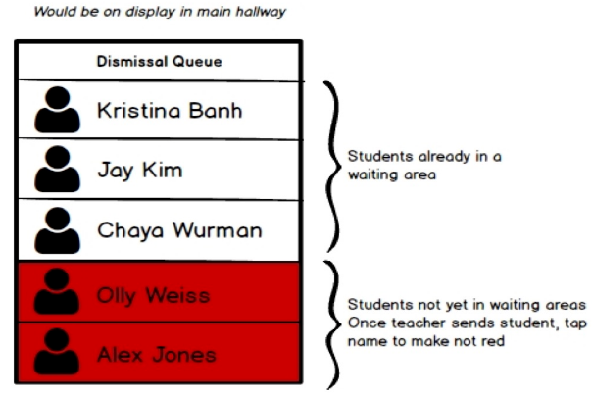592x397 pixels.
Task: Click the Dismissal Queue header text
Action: (x=159, y=62)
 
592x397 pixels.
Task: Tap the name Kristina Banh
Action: (x=169, y=111)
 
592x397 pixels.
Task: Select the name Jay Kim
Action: (x=139, y=171)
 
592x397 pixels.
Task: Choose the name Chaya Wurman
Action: (x=179, y=231)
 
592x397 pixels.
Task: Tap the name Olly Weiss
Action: (x=153, y=293)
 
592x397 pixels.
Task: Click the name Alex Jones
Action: (x=156, y=354)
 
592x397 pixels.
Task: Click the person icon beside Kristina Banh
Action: (x=57, y=111)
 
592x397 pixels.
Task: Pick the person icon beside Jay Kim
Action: (x=57, y=171)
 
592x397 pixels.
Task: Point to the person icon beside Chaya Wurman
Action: (x=57, y=230)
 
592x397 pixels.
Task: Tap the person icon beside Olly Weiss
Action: (x=57, y=292)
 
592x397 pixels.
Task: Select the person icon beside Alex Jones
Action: (x=57, y=353)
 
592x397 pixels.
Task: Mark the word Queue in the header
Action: (x=200, y=62)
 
